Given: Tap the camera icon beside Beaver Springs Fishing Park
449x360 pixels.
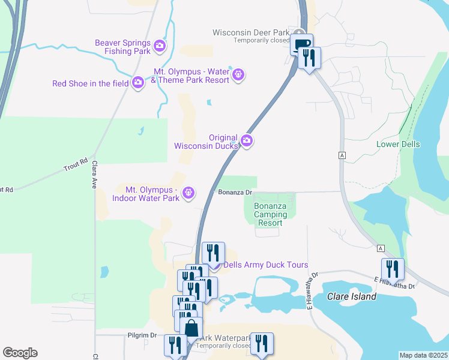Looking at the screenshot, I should coord(160,45).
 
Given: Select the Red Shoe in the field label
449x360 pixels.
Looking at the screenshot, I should coord(91,83).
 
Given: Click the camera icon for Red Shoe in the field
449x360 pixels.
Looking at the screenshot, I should coord(138,82).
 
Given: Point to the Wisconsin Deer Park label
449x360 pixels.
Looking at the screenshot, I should coord(251,32).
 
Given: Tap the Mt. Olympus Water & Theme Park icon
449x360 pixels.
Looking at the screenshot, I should coord(238,75).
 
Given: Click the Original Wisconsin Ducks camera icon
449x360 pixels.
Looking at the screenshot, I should coord(247,142).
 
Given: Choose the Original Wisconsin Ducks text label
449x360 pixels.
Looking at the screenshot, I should coord(206,142).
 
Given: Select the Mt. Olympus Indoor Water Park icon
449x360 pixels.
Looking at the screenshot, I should coord(188,193).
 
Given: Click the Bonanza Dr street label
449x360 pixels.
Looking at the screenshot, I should coord(234,193).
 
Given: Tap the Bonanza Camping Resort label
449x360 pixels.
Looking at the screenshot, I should coord(270,215).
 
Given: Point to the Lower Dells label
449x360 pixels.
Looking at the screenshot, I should coord(398,145).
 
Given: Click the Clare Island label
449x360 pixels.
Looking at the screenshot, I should coord(352,296).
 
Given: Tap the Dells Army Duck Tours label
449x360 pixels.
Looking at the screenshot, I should coord(266,265).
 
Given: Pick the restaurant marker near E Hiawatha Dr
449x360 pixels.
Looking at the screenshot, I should coord(393,269).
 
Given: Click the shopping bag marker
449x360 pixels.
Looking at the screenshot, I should coord(191,328).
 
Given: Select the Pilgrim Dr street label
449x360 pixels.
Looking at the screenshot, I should coord(142,335).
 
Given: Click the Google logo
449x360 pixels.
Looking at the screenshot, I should coord(20,353).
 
